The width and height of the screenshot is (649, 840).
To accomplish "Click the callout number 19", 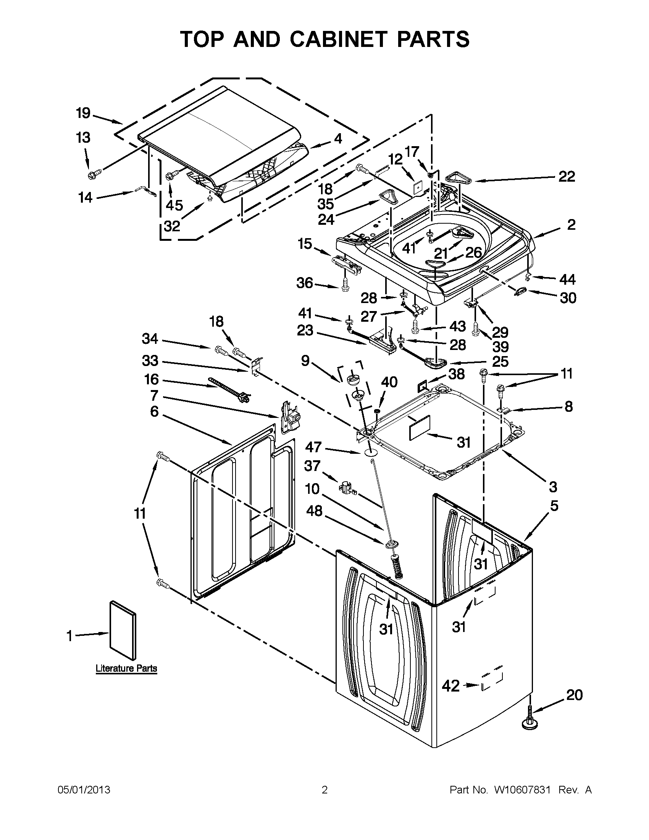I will (x=83, y=113).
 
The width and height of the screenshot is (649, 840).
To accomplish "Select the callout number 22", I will (x=566, y=177).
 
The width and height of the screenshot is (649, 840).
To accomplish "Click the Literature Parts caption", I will (x=126, y=668).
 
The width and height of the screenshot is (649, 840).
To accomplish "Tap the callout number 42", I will (x=451, y=686).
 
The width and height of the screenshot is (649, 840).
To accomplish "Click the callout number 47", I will (x=313, y=447).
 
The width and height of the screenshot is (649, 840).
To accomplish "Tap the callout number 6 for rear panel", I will (x=154, y=411).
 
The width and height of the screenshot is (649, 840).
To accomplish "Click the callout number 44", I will (x=567, y=280).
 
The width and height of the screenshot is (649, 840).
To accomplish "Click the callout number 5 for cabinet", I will (x=554, y=506).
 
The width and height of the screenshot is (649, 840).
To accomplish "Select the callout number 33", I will (x=150, y=361).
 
